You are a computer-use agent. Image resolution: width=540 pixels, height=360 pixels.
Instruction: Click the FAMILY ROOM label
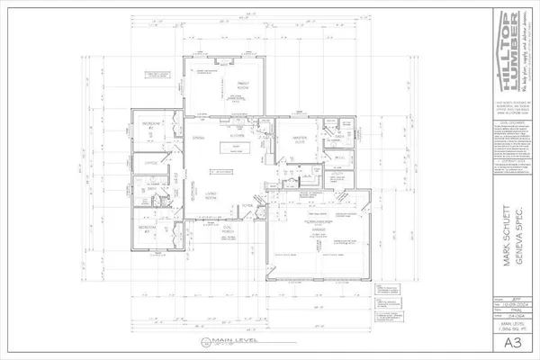[218, 85]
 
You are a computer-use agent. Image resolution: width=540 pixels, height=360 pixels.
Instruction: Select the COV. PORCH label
[229, 227]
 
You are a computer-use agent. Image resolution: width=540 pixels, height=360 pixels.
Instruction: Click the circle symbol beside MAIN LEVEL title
[190, 343]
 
